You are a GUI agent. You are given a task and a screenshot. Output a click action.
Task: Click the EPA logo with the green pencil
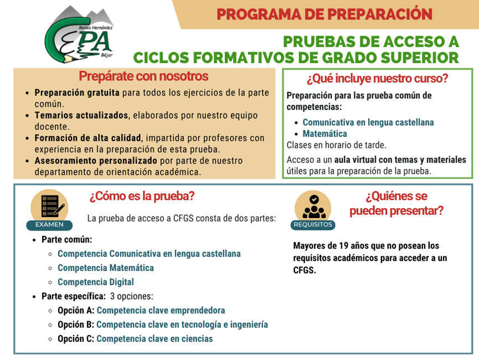coord(79,34)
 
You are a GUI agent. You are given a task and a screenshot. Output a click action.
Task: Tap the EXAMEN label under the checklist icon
coord(49,225)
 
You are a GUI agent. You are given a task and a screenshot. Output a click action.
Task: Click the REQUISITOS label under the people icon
coord(313,225)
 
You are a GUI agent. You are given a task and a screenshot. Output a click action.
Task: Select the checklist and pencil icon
coord(53,206)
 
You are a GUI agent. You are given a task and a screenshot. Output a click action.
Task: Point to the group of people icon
coord(314,207)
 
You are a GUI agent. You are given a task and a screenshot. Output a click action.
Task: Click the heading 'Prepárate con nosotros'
coord(143,76)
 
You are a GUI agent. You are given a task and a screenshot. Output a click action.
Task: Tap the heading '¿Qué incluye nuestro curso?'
coord(377,79)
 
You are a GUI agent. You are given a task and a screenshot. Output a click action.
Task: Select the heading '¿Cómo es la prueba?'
coord(142,196)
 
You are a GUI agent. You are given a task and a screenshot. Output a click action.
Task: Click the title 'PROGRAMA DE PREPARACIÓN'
coord(325,14)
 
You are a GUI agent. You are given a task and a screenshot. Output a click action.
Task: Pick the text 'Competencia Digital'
coord(96,282)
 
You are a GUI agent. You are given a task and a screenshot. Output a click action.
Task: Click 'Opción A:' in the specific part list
coord(76,310)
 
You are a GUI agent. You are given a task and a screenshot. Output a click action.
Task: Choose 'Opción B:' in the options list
coord(76,324)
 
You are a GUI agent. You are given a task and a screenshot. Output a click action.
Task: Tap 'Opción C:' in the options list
coord(76,338)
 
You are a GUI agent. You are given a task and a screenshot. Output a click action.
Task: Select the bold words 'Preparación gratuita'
coord(77,92)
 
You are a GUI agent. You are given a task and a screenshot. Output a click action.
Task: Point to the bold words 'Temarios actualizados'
coord(81,115)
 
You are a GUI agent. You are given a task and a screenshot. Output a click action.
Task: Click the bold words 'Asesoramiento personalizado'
coord(96,161)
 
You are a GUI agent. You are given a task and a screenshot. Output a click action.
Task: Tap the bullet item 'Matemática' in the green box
coord(325,133)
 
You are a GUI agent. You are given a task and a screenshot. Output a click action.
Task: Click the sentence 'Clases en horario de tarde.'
coord(336,145)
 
